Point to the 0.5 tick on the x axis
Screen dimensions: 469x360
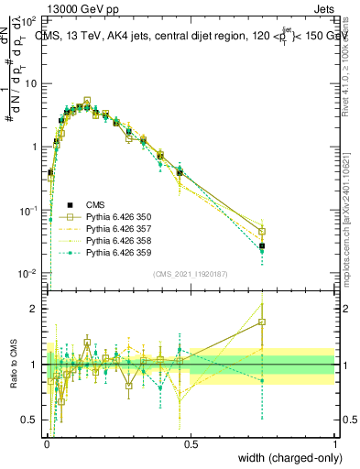191,444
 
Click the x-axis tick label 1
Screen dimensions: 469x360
335,444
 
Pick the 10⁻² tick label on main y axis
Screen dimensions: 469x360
30,274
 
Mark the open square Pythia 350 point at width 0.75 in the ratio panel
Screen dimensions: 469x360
262,322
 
